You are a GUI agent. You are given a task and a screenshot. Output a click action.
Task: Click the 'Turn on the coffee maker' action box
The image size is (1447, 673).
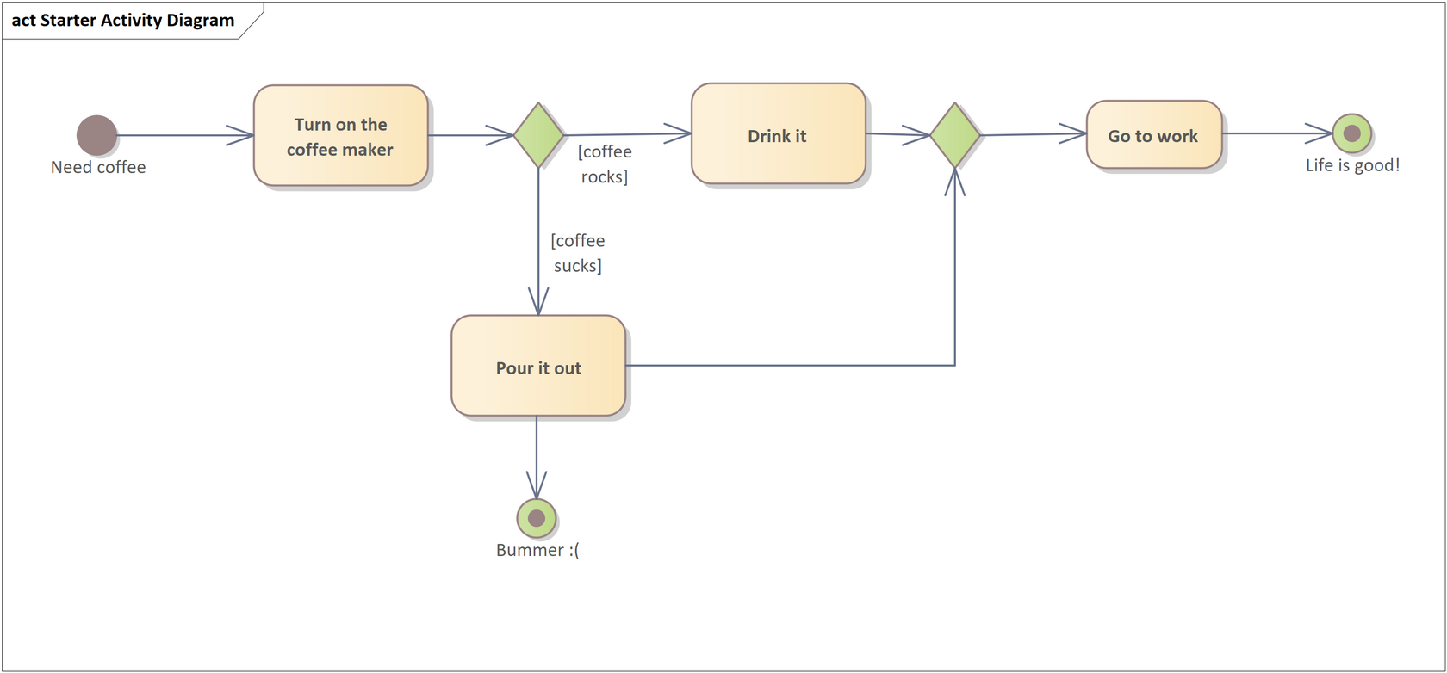tap(340, 136)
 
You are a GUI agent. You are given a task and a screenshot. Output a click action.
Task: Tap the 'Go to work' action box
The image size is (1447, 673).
tap(1153, 135)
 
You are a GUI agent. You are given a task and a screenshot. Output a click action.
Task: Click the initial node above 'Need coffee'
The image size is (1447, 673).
tap(96, 135)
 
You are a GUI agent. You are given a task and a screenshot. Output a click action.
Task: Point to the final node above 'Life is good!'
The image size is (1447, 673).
tap(1351, 133)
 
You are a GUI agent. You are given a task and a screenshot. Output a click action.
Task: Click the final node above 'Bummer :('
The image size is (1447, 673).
tap(537, 518)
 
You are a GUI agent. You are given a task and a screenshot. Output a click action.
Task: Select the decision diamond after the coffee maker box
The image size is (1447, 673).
tap(538, 135)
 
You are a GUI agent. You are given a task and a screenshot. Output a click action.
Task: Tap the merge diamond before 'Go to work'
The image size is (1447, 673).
tap(955, 135)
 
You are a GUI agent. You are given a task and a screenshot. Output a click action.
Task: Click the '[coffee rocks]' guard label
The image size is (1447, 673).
tap(605, 164)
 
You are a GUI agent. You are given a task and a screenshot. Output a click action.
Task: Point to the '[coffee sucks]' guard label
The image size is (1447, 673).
tap(577, 253)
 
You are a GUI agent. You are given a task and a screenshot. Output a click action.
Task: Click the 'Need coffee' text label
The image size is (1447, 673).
tap(98, 167)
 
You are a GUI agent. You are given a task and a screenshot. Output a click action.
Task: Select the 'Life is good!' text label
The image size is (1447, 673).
tap(1352, 165)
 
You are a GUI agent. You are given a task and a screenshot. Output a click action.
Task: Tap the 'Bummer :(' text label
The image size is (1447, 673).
tap(537, 550)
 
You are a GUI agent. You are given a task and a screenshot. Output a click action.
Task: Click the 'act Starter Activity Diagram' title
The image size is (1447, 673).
tap(123, 21)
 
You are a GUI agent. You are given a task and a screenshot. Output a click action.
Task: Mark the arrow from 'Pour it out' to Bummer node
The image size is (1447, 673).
tap(537, 456)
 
